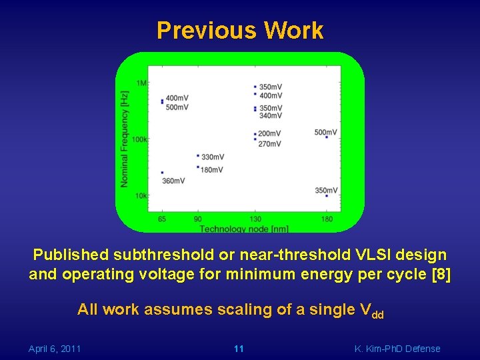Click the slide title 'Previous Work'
click(x=240, y=31)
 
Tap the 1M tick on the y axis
click(x=142, y=83)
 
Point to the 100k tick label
click(x=140, y=139)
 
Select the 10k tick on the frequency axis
click(x=141, y=195)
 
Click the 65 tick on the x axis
click(x=162, y=219)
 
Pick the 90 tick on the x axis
click(x=198, y=219)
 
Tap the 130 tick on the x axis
click(x=255, y=219)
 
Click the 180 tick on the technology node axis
click(x=327, y=219)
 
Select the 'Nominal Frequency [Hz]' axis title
click(x=125, y=139)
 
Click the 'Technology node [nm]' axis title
click(x=244, y=229)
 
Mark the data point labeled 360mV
click(x=162, y=173)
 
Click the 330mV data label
click(x=212, y=157)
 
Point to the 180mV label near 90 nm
click(x=212, y=170)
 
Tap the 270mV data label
click(x=269, y=144)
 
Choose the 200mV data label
click(x=269, y=134)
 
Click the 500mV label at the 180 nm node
click(x=326, y=132)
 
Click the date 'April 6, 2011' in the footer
click(x=55, y=349)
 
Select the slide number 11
click(x=239, y=349)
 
